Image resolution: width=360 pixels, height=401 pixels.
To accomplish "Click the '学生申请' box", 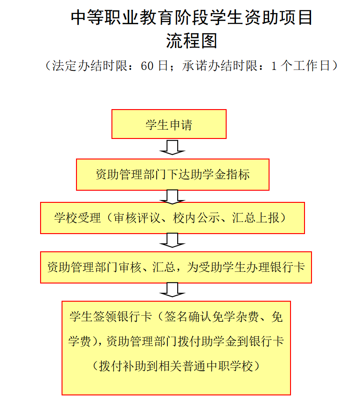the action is (x=169, y=124).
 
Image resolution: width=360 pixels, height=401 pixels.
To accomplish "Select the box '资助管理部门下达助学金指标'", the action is (x=173, y=174).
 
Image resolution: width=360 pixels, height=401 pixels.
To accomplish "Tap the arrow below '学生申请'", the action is (x=172, y=147).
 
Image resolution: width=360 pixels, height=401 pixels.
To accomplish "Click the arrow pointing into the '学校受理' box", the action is (x=172, y=196).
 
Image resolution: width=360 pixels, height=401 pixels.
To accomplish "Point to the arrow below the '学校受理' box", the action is (x=172, y=240).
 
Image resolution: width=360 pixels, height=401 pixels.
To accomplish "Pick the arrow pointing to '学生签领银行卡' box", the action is (x=172, y=290).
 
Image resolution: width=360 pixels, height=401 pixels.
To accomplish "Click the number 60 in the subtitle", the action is (x=147, y=66).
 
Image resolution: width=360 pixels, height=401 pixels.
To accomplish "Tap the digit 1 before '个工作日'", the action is (x=274, y=66).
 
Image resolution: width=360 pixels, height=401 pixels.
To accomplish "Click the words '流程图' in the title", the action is (x=192, y=41).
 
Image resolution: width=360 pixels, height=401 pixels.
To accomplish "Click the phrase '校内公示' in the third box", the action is (x=196, y=218).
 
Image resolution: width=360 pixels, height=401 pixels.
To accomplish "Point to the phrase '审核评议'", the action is (x=137, y=218).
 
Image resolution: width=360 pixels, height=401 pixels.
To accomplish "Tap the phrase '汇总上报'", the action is (x=256, y=218).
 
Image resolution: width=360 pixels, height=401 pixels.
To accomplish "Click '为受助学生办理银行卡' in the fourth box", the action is (x=246, y=267).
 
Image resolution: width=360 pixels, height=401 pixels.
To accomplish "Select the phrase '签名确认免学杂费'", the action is (x=211, y=317).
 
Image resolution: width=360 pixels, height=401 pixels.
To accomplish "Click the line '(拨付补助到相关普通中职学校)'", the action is (x=176, y=366).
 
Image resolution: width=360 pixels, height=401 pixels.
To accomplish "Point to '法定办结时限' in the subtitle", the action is (x=90, y=66).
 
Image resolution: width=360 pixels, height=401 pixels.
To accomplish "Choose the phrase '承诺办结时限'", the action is (x=220, y=66).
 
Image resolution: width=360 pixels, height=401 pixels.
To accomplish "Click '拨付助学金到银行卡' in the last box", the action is (x=231, y=341).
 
